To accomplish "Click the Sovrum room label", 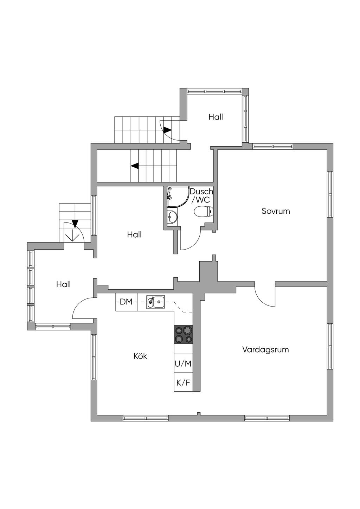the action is pyautogui.click(x=276, y=211).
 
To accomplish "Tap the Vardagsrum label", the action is pyautogui.click(x=265, y=350).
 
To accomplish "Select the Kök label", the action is pyautogui.click(x=140, y=356).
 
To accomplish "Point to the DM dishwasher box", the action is pyautogui.click(x=126, y=302).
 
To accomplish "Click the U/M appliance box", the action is pyautogui.click(x=183, y=364).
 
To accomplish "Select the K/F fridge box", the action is pyautogui.click(x=183, y=383).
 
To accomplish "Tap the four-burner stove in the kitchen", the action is pyautogui.click(x=183, y=335).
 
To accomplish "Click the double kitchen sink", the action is pyautogui.click(x=156, y=302).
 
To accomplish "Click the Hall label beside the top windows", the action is pyautogui.click(x=216, y=117).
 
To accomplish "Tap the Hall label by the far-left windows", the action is pyautogui.click(x=63, y=284).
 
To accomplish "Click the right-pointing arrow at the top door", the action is pyautogui.click(x=168, y=130).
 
